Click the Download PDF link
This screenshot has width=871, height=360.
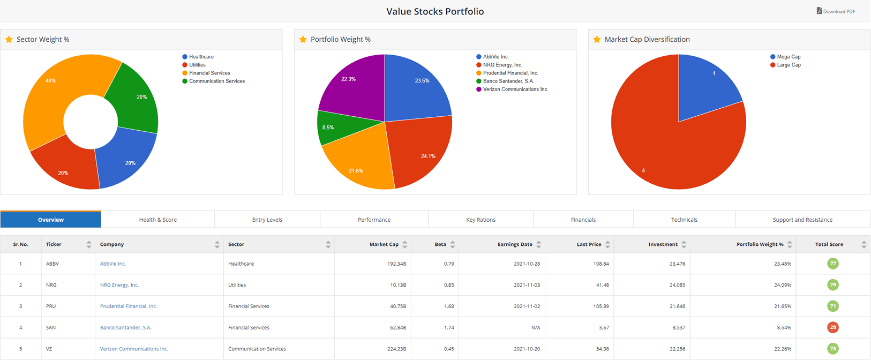point(836,11)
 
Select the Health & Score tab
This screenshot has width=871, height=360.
point(157,220)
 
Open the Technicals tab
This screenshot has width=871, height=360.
point(684,220)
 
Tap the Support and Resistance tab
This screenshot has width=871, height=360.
point(802,220)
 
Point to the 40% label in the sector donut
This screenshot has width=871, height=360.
point(50,81)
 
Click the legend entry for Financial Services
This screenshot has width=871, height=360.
point(209,73)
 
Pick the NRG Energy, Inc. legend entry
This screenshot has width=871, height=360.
point(502,65)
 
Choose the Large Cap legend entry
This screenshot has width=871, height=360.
point(789,65)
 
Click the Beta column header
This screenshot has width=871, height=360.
point(440,244)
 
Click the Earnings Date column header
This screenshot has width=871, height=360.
point(514,244)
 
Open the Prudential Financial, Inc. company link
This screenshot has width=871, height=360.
point(128,306)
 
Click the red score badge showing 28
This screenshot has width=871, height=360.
point(832,327)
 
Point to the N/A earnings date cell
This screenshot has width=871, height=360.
point(535,327)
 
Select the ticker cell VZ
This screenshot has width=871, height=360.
point(49,349)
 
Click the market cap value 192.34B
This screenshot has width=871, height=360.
point(396,264)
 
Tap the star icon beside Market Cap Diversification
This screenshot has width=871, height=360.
point(597,40)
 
